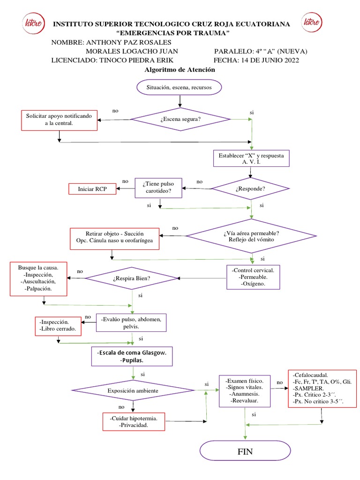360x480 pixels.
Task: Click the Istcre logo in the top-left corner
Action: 32,22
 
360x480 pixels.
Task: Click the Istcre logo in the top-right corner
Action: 311,22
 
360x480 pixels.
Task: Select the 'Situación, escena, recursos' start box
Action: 180,87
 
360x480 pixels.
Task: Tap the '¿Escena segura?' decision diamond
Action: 180,120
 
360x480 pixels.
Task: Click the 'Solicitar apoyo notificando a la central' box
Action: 59,120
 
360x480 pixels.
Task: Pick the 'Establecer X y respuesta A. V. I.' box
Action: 252,158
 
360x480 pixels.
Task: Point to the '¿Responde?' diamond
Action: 251,189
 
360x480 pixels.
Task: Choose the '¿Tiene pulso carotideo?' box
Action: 158,188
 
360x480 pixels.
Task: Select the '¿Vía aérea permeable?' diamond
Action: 251,236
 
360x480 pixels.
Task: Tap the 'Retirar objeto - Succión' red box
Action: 114,239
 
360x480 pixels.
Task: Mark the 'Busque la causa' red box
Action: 39,279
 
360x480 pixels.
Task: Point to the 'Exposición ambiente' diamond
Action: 133,390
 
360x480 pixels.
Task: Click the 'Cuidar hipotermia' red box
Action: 134,421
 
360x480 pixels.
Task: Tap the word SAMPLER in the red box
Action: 308,389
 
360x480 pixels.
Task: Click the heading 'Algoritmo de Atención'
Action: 180,69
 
